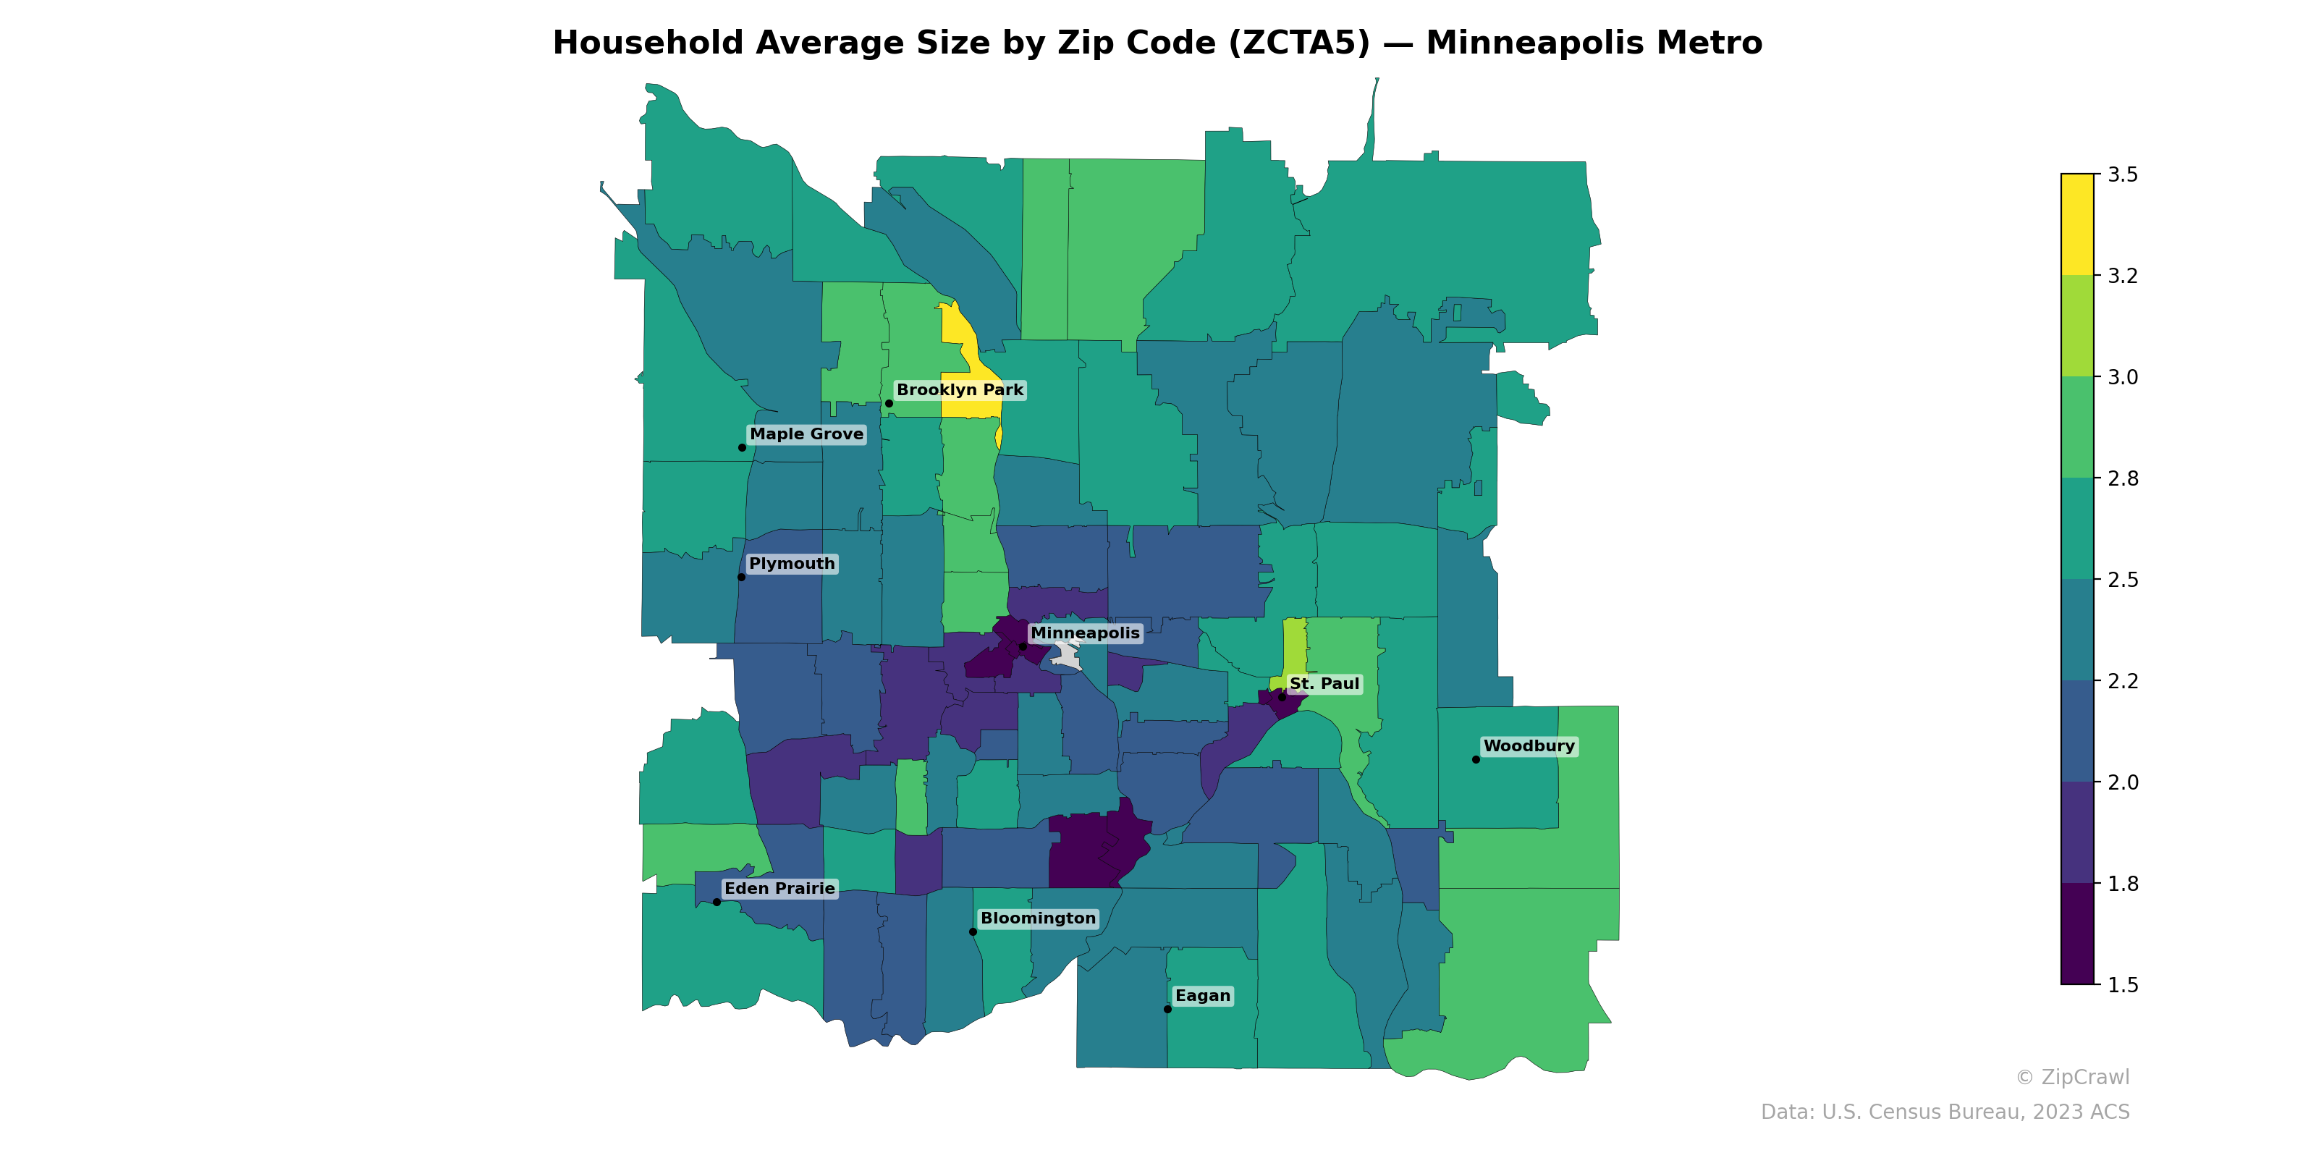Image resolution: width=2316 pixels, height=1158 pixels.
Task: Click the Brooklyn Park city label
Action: click(959, 390)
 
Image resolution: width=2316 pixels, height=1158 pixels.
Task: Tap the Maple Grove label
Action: click(806, 434)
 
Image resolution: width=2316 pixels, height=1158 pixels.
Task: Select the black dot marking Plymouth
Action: click(741, 578)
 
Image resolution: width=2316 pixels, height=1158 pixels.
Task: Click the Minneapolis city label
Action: click(1084, 633)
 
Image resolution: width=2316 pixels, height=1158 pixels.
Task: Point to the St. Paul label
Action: click(1324, 684)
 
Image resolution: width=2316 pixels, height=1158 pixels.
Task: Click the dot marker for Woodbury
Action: click(1476, 760)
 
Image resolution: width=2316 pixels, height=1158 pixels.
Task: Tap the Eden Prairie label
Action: click(779, 888)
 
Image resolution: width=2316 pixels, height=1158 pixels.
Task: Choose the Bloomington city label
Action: click(1038, 918)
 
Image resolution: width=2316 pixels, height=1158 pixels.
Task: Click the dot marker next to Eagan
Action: click(1167, 1009)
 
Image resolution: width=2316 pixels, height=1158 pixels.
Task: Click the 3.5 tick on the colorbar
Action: click(2123, 174)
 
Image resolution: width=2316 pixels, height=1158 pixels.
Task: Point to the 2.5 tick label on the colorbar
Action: click(2123, 580)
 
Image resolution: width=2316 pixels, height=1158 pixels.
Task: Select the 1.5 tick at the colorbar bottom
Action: click(2123, 985)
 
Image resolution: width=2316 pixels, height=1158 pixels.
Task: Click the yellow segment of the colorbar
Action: click(2077, 225)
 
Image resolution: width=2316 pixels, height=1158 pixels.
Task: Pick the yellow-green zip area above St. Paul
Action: click(1294, 647)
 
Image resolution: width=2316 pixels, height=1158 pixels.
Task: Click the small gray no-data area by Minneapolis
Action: click(1068, 657)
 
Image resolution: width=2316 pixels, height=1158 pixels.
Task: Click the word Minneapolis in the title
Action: click(1593, 43)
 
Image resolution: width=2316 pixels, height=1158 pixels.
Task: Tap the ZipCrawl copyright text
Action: click(2071, 1077)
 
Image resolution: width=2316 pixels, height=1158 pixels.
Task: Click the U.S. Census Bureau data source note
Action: click(1944, 1112)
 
